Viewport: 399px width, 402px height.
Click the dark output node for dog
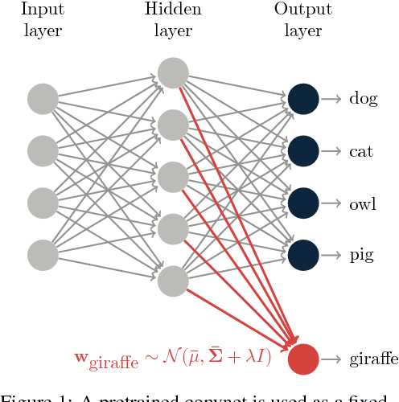click(302, 99)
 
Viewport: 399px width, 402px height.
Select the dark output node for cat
click(302, 150)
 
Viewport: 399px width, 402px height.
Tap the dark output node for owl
click(302, 203)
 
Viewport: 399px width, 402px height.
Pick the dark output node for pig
click(302, 254)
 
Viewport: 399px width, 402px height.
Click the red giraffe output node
click(302, 359)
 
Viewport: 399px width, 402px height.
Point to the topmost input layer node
click(43, 99)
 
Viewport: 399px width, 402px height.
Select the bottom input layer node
click(43, 254)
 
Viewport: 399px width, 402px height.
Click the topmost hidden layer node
click(172, 72)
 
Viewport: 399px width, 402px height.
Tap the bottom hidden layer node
click(172, 281)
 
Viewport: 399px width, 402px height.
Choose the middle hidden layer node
click(172, 177)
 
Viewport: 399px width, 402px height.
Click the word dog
click(363, 100)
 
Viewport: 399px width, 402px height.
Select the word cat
click(360, 151)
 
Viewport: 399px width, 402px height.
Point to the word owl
click(362, 203)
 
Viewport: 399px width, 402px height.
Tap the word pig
click(361, 256)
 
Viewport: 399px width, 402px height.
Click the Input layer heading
click(43, 20)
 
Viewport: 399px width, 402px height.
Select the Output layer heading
click(298, 20)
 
